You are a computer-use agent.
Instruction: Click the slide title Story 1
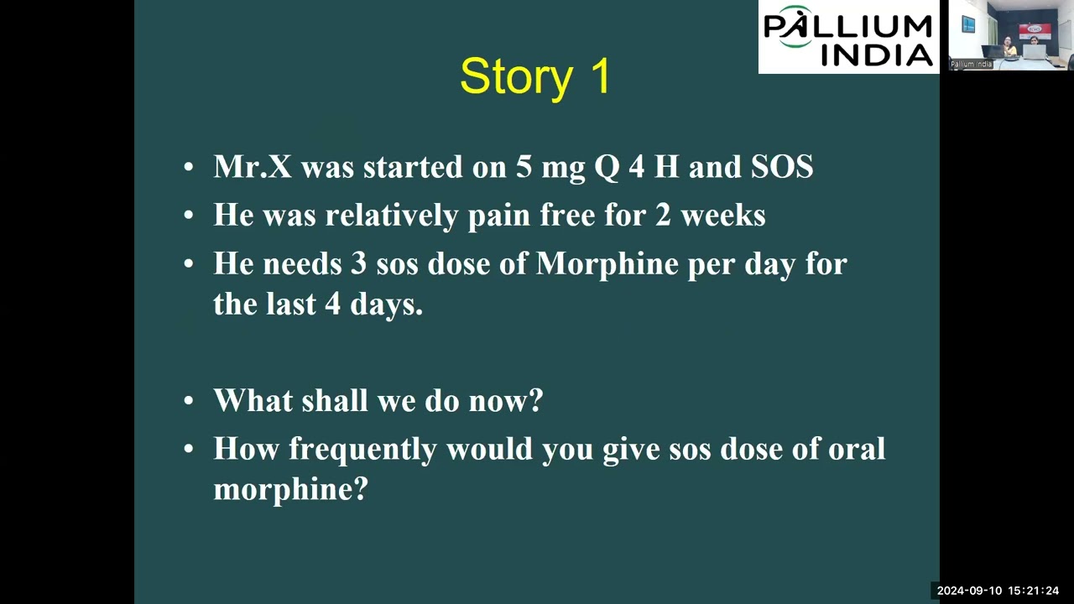pos(535,76)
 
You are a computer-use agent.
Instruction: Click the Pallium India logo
pos(848,37)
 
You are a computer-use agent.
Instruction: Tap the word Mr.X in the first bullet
pos(253,167)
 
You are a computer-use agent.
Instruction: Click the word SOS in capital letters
pos(781,167)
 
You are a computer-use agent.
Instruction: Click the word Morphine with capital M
pos(607,264)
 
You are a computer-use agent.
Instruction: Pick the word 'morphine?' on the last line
pos(290,489)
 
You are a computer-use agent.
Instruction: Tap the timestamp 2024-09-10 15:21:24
pos(998,591)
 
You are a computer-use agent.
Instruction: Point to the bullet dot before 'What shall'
pos(189,402)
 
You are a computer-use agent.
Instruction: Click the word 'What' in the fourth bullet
pos(246,400)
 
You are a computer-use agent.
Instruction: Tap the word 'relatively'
pos(392,216)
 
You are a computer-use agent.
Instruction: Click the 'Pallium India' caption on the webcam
pos(971,65)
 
